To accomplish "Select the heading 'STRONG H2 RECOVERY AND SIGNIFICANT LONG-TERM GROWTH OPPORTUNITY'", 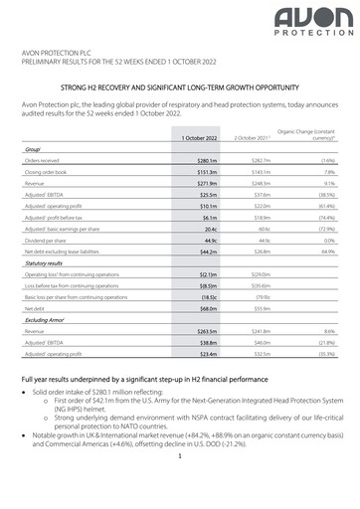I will (x=179, y=88).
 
